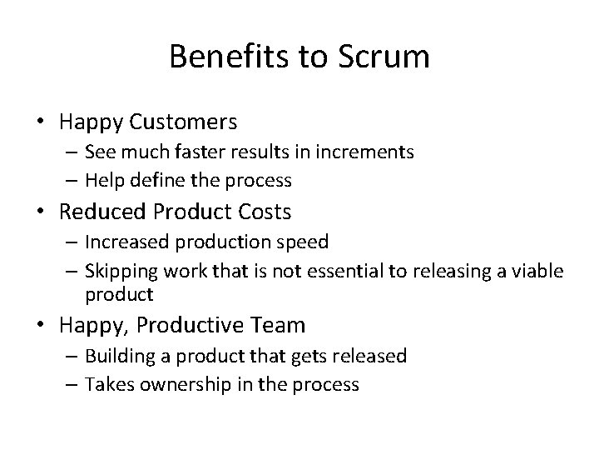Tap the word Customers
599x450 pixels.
click(183, 122)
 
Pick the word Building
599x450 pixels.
click(121, 357)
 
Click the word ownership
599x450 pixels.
click(190, 384)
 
